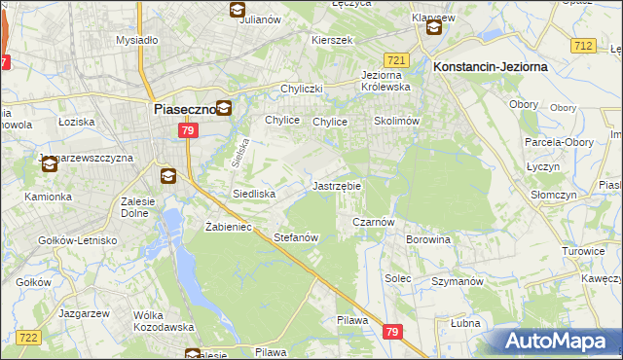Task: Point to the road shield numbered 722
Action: pos(29,337)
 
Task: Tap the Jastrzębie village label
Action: pos(337,185)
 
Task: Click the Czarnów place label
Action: pos(372,222)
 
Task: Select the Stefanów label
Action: pos(297,237)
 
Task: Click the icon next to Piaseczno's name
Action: pos(224,109)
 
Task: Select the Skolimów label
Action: pos(396,122)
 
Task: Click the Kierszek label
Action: pos(331,40)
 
